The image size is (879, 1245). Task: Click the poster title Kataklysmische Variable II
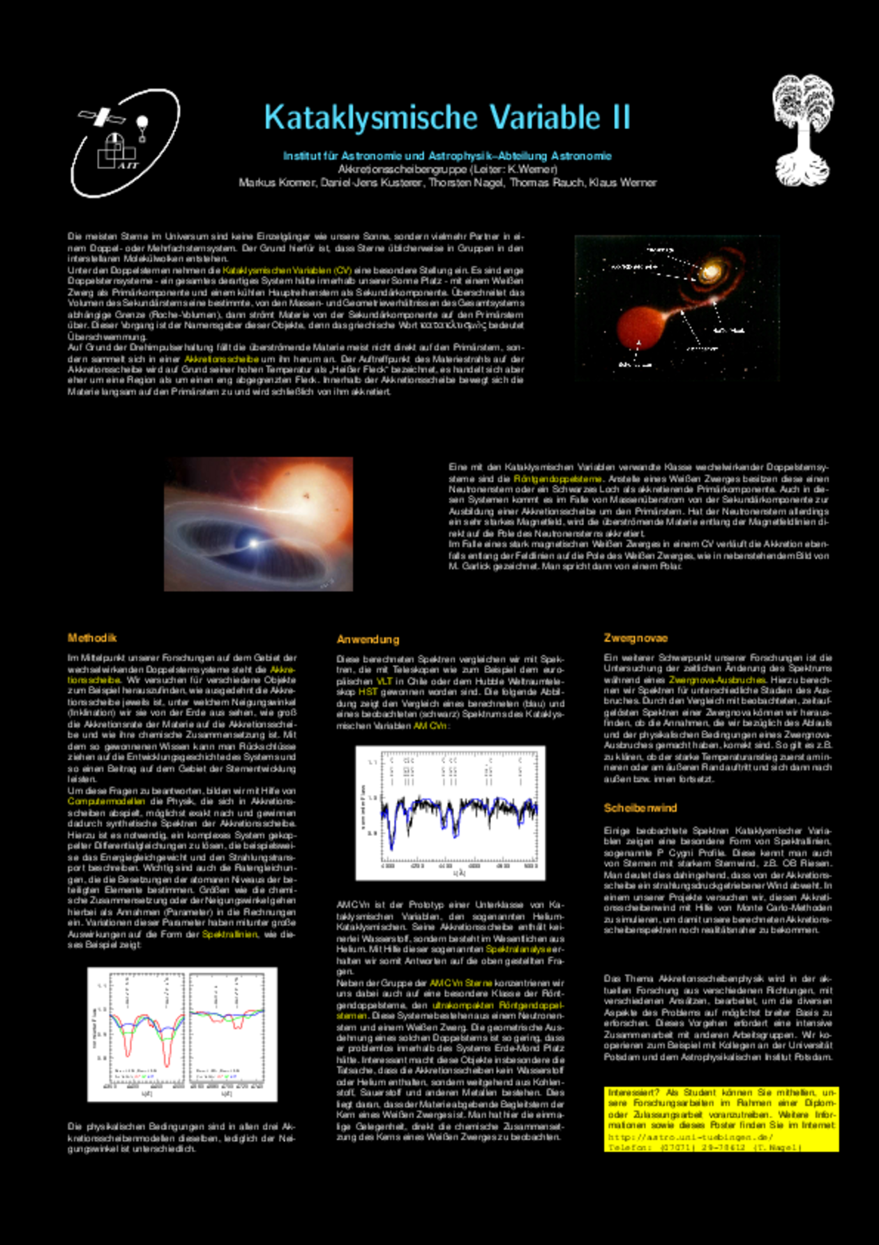point(447,118)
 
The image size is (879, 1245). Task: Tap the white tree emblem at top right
point(802,131)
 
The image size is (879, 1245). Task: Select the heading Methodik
point(92,638)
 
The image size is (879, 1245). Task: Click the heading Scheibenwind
point(640,807)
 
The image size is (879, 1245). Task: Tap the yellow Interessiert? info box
point(721,1119)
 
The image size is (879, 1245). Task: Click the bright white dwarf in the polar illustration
point(253,542)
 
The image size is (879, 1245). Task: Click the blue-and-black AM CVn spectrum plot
point(451,812)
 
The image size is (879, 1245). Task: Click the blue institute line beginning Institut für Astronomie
point(447,156)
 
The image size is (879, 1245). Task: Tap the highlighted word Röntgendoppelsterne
point(557,479)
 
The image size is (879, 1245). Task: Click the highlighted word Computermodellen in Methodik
point(106,801)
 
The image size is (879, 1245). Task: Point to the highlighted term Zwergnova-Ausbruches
point(716,679)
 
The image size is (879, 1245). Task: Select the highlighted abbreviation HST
point(367,692)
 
